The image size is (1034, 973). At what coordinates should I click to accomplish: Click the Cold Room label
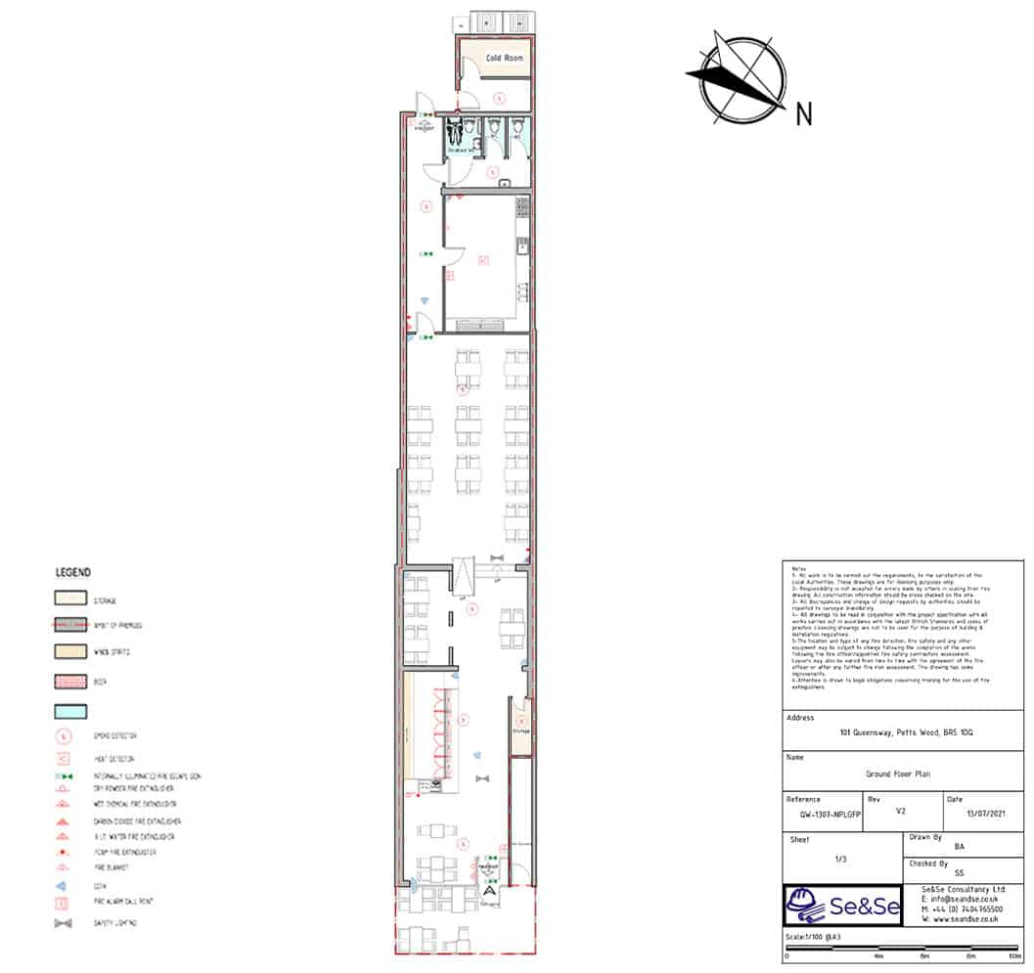click(x=504, y=59)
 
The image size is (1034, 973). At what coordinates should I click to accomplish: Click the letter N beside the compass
click(x=804, y=114)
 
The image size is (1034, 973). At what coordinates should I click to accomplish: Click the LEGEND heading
click(x=73, y=572)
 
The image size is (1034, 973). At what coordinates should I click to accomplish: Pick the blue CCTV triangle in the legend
click(x=64, y=885)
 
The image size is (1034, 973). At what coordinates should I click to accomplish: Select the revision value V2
click(x=900, y=812)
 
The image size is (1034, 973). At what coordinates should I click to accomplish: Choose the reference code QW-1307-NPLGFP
click(x=822, y=812)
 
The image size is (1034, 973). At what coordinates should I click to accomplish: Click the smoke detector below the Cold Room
click(x=498, y=97)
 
